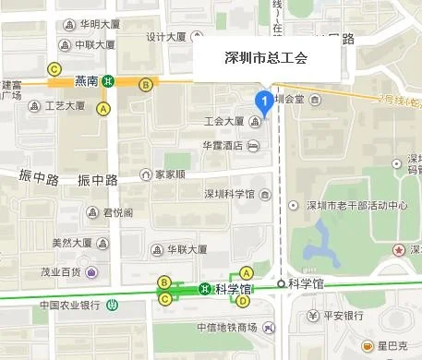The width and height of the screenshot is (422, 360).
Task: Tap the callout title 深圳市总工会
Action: tap(267, 58)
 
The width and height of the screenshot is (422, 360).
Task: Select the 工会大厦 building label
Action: tap(224, 122)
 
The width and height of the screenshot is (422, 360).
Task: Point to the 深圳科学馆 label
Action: tap(229, 194)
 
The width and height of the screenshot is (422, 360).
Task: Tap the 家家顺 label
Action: tap(169, 174)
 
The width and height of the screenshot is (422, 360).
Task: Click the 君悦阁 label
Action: tap(117, 211)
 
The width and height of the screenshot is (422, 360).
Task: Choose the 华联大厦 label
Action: tap(185, 249)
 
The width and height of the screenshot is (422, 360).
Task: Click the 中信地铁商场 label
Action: tap(226, 328)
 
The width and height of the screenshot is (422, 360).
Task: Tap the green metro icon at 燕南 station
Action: tap(108, 81)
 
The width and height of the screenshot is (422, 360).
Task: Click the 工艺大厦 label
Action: tap(65, 105)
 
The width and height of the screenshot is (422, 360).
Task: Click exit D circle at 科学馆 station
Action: tap(243, 301)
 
